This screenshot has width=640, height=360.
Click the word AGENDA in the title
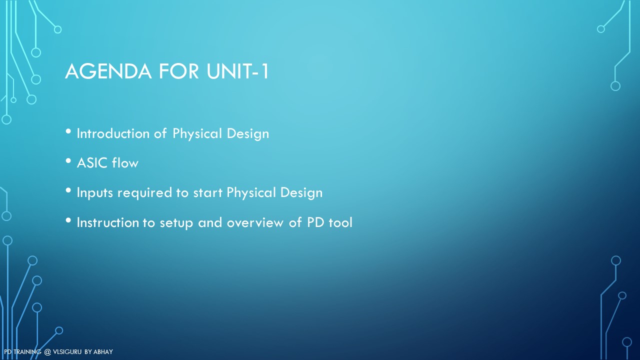tap(108, 71)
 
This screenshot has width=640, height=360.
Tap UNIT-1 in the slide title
tap(237, 71)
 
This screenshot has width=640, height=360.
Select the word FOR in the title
tap(178, 71)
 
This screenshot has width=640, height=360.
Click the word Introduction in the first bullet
tap(113, 133)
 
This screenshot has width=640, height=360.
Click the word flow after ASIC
tap(125, 162)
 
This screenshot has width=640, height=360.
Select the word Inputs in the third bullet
tap(95, 193)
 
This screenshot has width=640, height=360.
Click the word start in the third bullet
tap(207, 193)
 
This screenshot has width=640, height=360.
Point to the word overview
tap(255, 222)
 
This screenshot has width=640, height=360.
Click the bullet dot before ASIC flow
tap(68, 161)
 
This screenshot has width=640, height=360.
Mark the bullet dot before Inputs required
tap(68, 190)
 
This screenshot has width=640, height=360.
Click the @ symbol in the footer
tap(47, 352)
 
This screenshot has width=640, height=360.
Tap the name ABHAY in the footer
tap(103, 352)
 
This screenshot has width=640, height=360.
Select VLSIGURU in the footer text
tap(67, 352)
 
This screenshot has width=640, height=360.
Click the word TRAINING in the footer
tap(27, 352)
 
